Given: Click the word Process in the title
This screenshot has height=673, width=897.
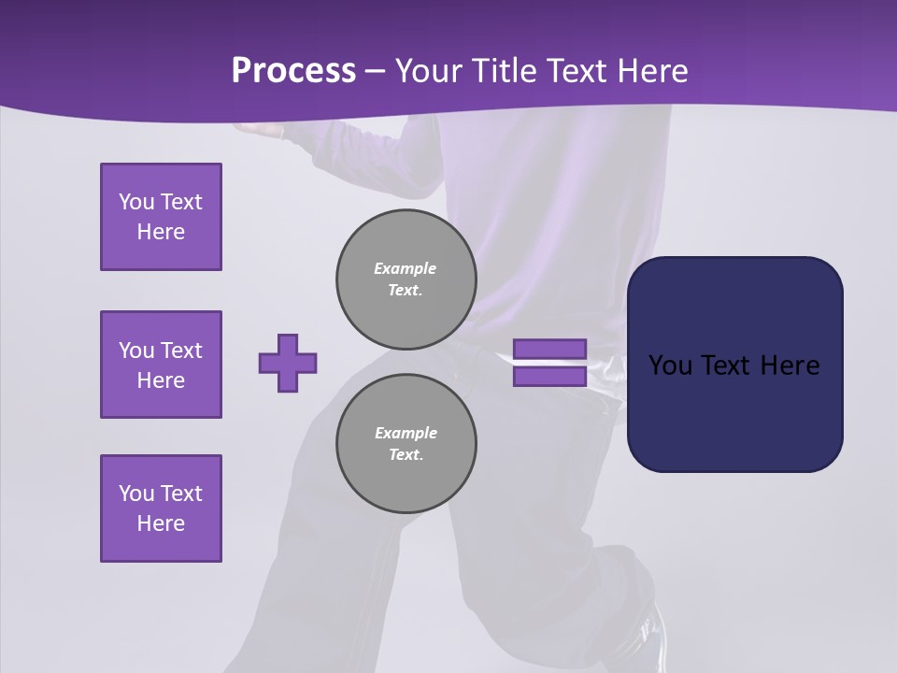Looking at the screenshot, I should coord(293,71).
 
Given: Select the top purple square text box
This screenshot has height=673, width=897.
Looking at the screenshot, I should coord(161,217).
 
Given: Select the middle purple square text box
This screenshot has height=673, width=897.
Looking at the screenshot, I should coord(161,365).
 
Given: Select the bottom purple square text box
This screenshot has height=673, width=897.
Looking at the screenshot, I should coord(161,508).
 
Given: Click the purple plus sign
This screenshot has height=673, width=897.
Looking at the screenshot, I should coord(288,363).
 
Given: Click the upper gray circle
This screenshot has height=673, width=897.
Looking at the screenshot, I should coord(406,279).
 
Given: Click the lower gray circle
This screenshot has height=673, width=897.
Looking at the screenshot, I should coord(406,444).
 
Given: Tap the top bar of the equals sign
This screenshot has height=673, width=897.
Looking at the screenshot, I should coord(549,350).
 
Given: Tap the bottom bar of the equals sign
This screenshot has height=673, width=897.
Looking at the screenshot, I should coord(549,377).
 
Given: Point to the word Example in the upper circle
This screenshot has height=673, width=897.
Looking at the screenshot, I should coord(405,268).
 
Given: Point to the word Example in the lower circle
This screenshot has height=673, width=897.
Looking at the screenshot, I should coord(406,433).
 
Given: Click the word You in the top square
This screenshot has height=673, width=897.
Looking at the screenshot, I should coord(135,202).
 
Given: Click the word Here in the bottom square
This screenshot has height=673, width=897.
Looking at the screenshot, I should coord(161,523).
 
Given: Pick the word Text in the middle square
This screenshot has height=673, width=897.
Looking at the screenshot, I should coord(181,351).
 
